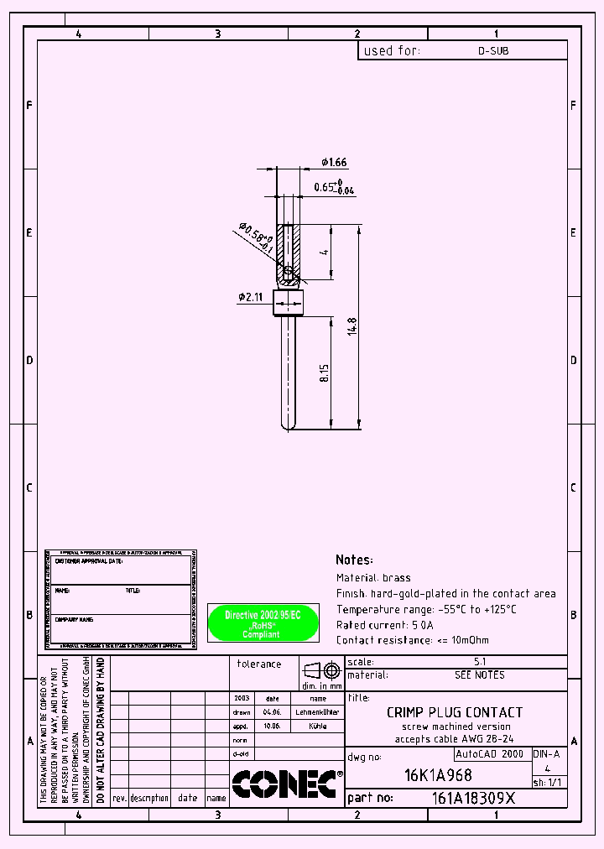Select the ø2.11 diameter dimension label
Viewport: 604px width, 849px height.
pos(251,296)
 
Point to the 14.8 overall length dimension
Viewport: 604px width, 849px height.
pos(353,326)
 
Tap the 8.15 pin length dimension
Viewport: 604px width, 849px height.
pos(325,373)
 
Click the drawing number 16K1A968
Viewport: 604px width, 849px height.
pos(437,775)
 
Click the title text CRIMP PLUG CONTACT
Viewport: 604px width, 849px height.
pos(454,712)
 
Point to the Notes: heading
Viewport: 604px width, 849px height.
pos(354,560)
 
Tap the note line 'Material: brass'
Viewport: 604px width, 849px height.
pos(373,577)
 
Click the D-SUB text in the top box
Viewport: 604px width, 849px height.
pos(492,51)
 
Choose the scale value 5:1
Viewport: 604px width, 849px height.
pos(480,662)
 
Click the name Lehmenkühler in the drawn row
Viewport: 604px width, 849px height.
pos(318,711)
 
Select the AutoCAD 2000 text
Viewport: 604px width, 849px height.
pos(489,754)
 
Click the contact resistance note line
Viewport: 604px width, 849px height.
pos(412,640)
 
